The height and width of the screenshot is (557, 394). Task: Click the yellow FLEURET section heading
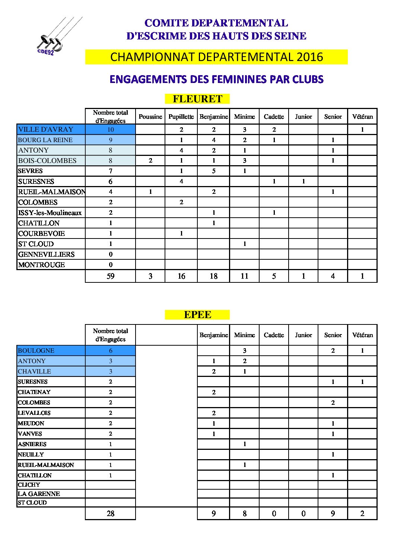pos(197,99)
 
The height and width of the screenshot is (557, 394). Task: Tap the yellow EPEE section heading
pos(197,315)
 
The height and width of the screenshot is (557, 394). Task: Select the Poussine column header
pos(150,117)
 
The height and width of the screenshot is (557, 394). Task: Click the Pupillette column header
pos(181,117)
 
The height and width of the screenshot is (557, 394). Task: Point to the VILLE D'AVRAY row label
pos(46,129)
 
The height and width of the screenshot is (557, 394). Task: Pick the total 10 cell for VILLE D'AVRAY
pos(111,130)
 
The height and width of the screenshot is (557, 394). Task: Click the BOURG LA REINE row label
pos(45,140)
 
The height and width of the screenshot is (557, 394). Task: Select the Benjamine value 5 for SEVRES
pos(214,171)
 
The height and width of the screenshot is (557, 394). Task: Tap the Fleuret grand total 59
pos(111,276)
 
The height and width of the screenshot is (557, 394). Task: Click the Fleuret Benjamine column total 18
pos(214,276)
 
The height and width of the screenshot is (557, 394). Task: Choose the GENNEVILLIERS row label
pos(46,255)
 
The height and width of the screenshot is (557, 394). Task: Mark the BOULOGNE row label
pos(36,350)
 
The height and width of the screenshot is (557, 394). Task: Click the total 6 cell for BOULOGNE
pos(111,350)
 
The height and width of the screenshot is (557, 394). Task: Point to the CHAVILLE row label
pos(35,371)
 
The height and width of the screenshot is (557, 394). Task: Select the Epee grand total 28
pos(111,513)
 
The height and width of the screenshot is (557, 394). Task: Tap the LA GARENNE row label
pos(39,494)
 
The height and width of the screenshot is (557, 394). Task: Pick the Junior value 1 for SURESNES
pos(304,182)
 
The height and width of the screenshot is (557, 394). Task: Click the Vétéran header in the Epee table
pos(362,335)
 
